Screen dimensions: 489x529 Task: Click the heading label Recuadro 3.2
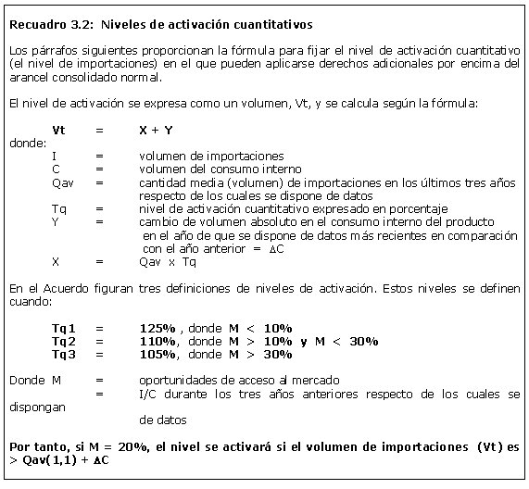(45, 22)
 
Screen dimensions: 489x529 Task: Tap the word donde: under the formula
(27, 144)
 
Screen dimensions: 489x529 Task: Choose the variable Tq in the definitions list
(59, 209)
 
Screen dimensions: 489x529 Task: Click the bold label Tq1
(65, 328)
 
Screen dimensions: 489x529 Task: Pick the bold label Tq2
(65, 341)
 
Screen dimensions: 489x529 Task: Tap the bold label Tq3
(65, 354)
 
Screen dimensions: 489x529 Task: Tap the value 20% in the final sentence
(122, 446)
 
